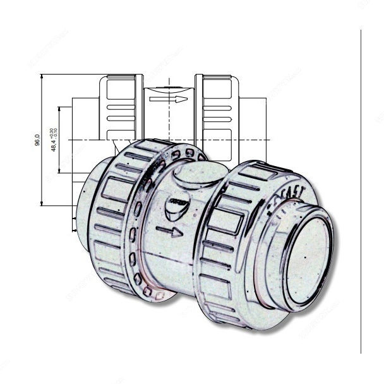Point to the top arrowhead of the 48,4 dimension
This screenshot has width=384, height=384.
pos(61,108)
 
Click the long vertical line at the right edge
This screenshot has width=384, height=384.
pos(361,189)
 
